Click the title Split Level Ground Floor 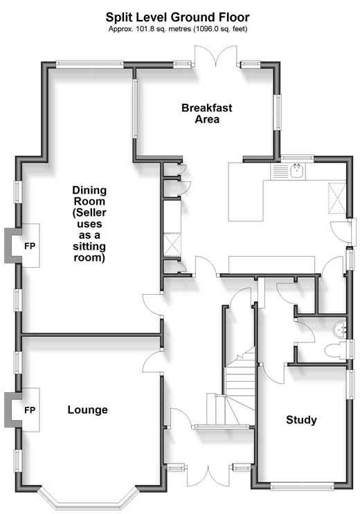[x=177, y=17]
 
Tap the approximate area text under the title [x=178, y=29]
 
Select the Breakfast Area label [x=207, y=113]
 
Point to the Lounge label [x=88, y=410]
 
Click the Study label [x=301, y=420]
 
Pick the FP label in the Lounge [x=30, y=410]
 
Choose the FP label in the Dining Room [x=30, y=246]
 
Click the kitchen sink [x=298, y=171]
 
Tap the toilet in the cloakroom [x=335, y=351]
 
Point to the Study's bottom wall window [x=303, y=486]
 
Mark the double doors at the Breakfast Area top [x=216, y=57]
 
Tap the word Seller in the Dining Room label [x=89, y=213]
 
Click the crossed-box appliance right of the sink [x=337, y=199]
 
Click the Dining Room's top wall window [x=89, y=64]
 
